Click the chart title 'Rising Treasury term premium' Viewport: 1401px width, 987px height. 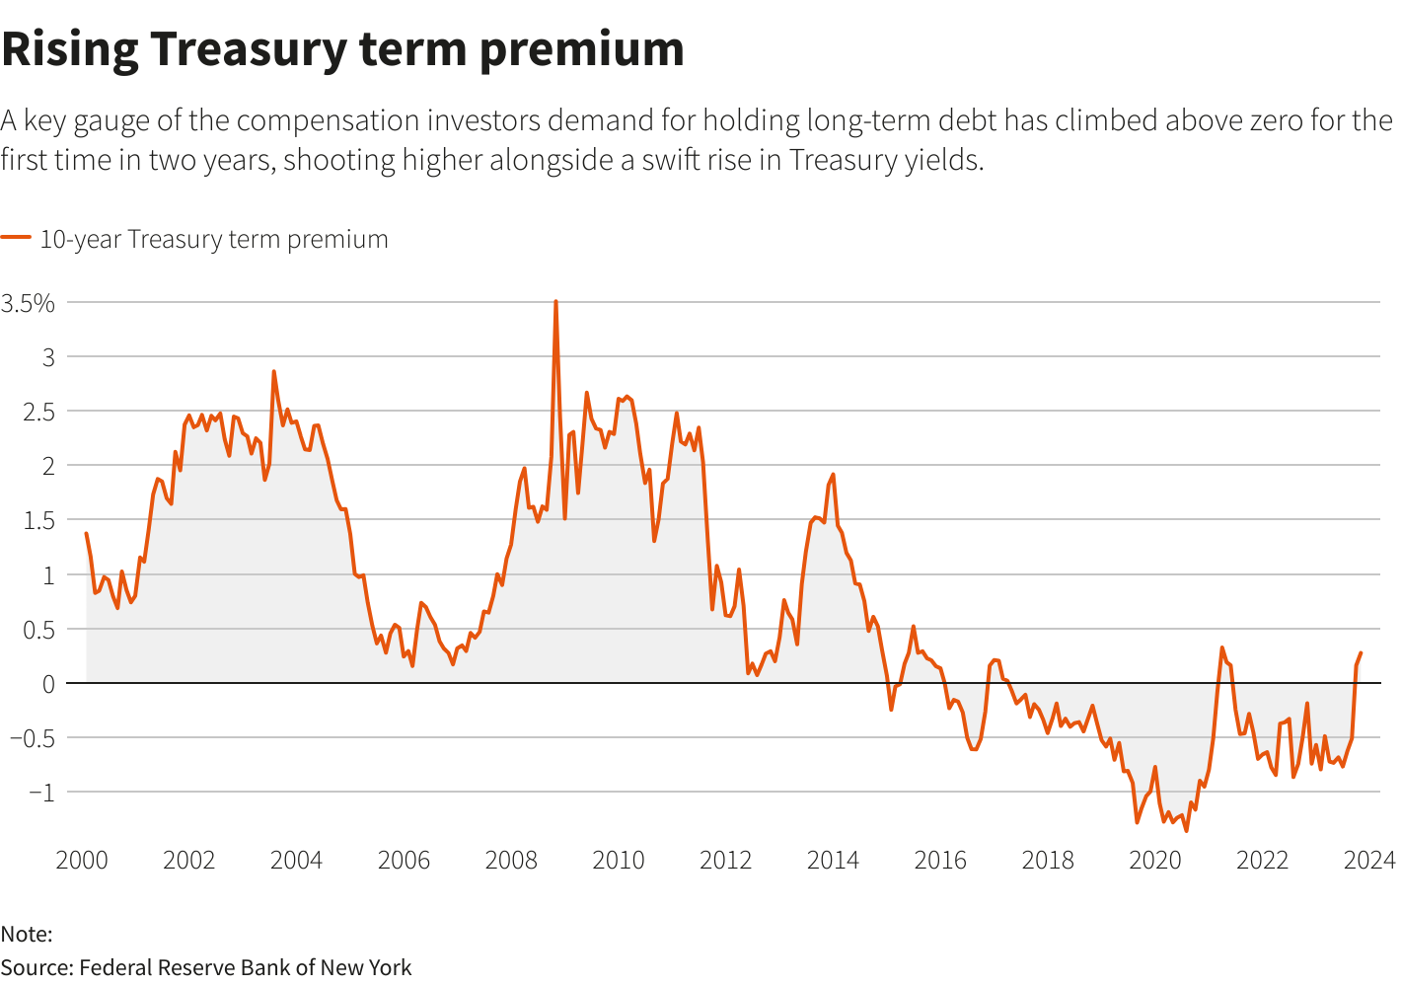(x=342, y=49)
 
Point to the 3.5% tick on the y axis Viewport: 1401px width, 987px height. (x=28, y=303)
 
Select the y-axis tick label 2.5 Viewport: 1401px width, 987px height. (x=35, y=411)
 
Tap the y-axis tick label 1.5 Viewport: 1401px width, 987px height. (x=35, y=520)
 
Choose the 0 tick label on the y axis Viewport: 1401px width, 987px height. (x=46, y=683)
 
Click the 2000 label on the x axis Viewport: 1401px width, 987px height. (x=82, y=860)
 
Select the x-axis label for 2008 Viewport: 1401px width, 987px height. (x=511, y=860)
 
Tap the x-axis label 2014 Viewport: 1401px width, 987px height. (x=833, y=860)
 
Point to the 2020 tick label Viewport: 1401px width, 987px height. (x=1154, y=860)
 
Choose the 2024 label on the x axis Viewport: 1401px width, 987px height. (x=1368, y=860)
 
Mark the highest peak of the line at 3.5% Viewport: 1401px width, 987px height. (x=555, y=302)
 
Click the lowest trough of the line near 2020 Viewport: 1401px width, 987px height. (x=1186, y=830)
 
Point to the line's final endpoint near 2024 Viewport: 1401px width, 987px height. (x=1361, y=653)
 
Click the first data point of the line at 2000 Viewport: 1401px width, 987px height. (x=87, y=534)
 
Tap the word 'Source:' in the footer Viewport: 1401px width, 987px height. (x=37, y=967)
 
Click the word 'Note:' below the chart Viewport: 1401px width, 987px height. (x=27, y=934)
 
